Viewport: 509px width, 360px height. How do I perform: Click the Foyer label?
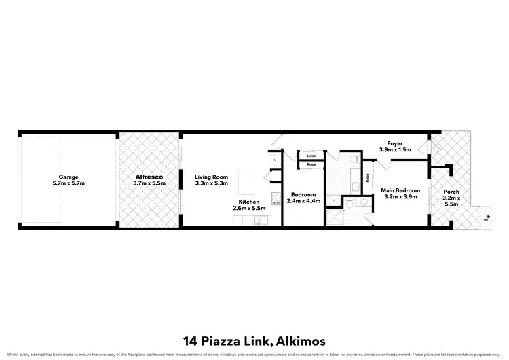(x=395, y=143)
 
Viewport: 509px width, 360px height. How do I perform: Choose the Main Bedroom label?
(x=400, y=190)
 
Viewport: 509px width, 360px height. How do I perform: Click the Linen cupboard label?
(x=311, y=156)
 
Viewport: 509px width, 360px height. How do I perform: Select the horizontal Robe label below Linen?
(x=311, y=164)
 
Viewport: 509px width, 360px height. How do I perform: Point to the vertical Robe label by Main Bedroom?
(x=367, y=179)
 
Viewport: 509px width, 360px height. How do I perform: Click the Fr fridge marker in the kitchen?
(x=274, y=160)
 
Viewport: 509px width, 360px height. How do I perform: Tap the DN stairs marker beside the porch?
(x=485, y=220)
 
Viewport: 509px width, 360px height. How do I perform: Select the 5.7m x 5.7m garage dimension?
(x=68, y=183)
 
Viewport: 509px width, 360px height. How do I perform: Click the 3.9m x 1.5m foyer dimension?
(x=395, y=150)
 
